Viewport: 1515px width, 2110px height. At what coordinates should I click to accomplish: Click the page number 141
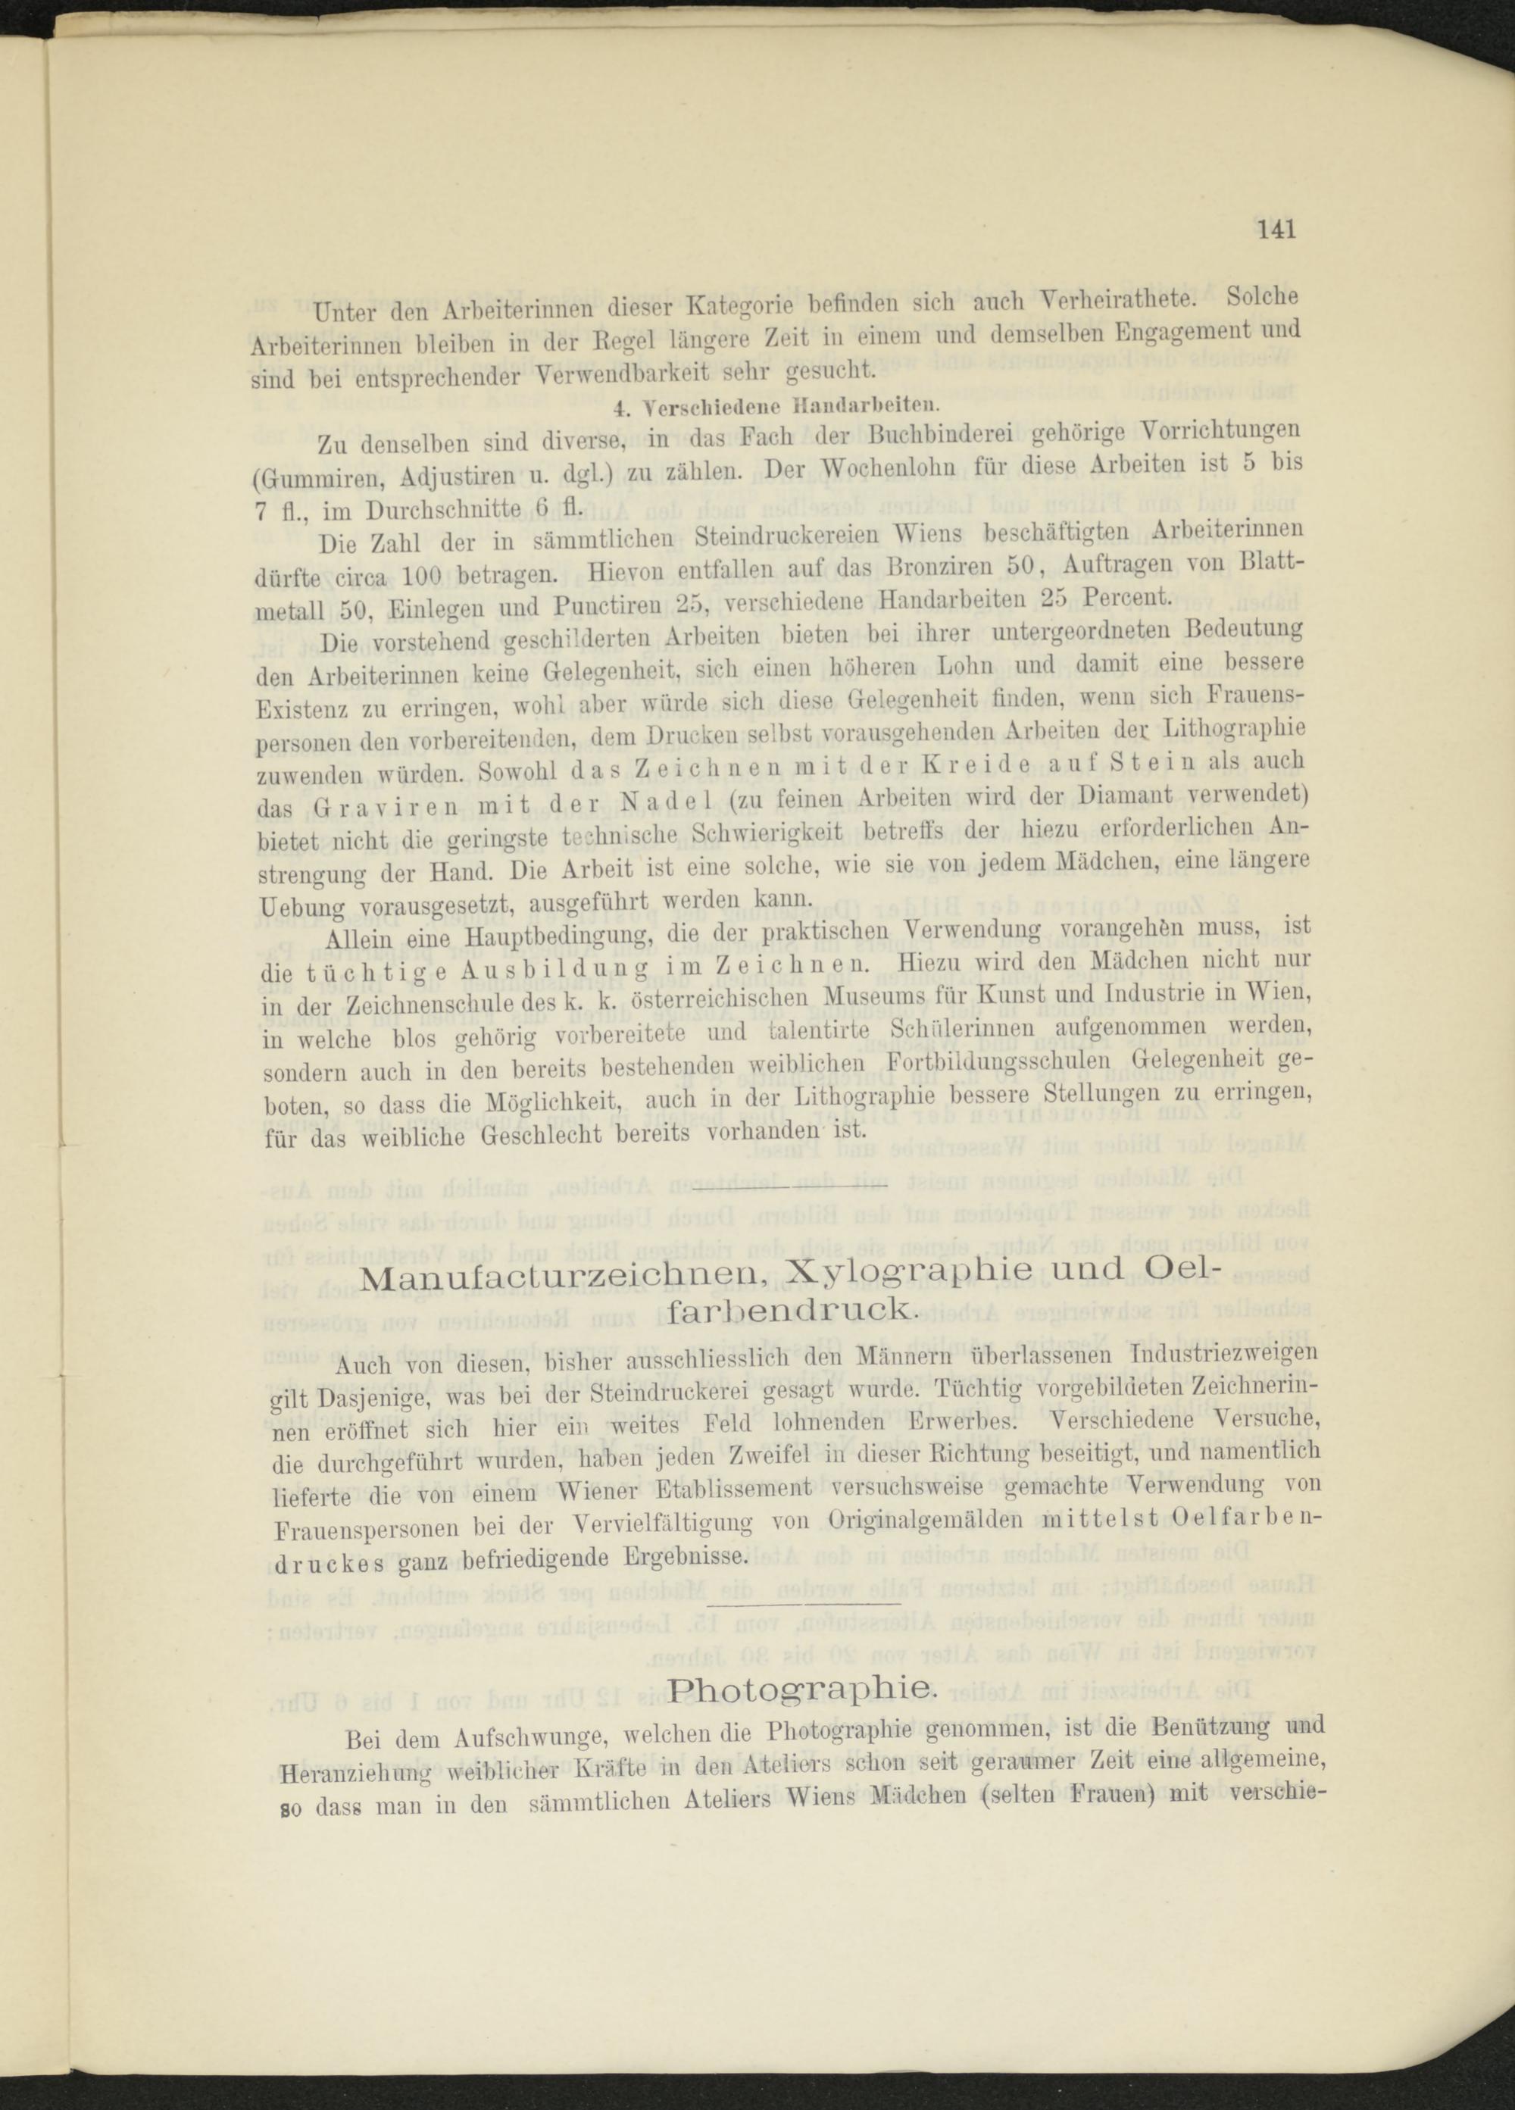(x=1276, y=229)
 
